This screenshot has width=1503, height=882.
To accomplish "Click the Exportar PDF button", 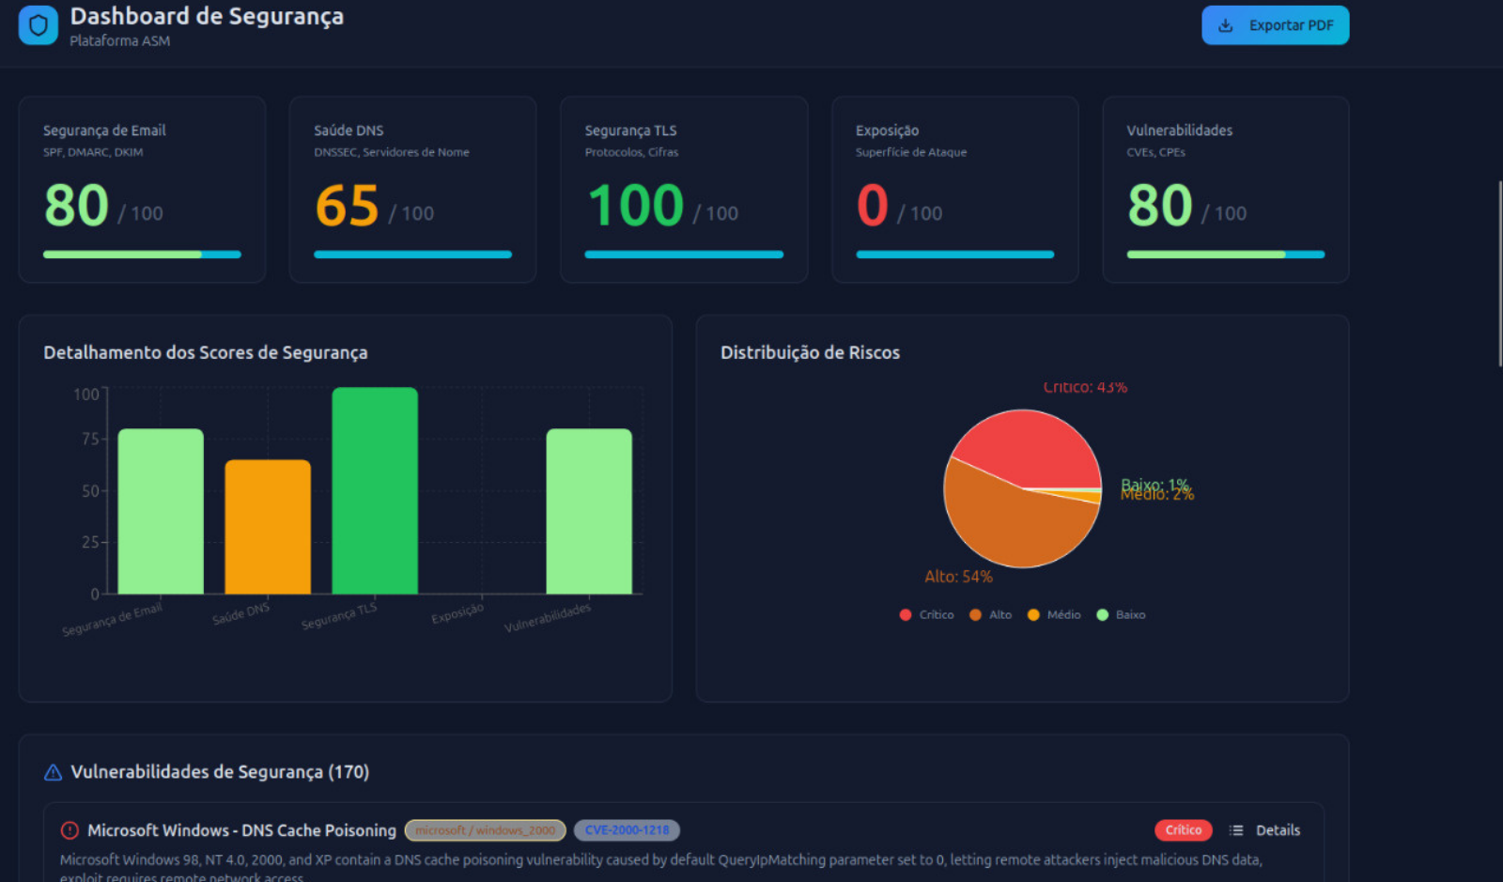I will click(1275, 25).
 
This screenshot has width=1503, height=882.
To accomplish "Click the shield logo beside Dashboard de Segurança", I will click(39, 25).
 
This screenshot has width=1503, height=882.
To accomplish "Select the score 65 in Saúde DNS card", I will click(347, 206).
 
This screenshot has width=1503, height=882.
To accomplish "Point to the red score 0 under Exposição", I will click(872, 206).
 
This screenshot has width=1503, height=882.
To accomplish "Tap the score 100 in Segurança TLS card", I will click(636, 206).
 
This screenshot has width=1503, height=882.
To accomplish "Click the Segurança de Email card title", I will click(104, 131).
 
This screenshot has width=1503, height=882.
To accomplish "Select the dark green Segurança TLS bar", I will click(375, 490).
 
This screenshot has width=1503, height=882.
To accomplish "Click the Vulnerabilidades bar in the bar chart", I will click(589, 511).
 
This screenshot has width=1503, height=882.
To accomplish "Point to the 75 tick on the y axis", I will click(90, 439).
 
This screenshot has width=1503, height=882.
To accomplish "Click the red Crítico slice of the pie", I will click(1029, 446).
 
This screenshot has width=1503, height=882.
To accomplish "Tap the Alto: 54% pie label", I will click(958, 577).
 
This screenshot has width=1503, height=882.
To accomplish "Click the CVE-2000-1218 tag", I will click(627, 830).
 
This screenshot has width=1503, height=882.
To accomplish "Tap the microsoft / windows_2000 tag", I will click(485, 830).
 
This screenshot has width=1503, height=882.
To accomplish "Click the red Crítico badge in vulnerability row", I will click(1183, 830).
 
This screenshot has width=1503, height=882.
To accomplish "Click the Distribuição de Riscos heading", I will click(810, 352).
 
